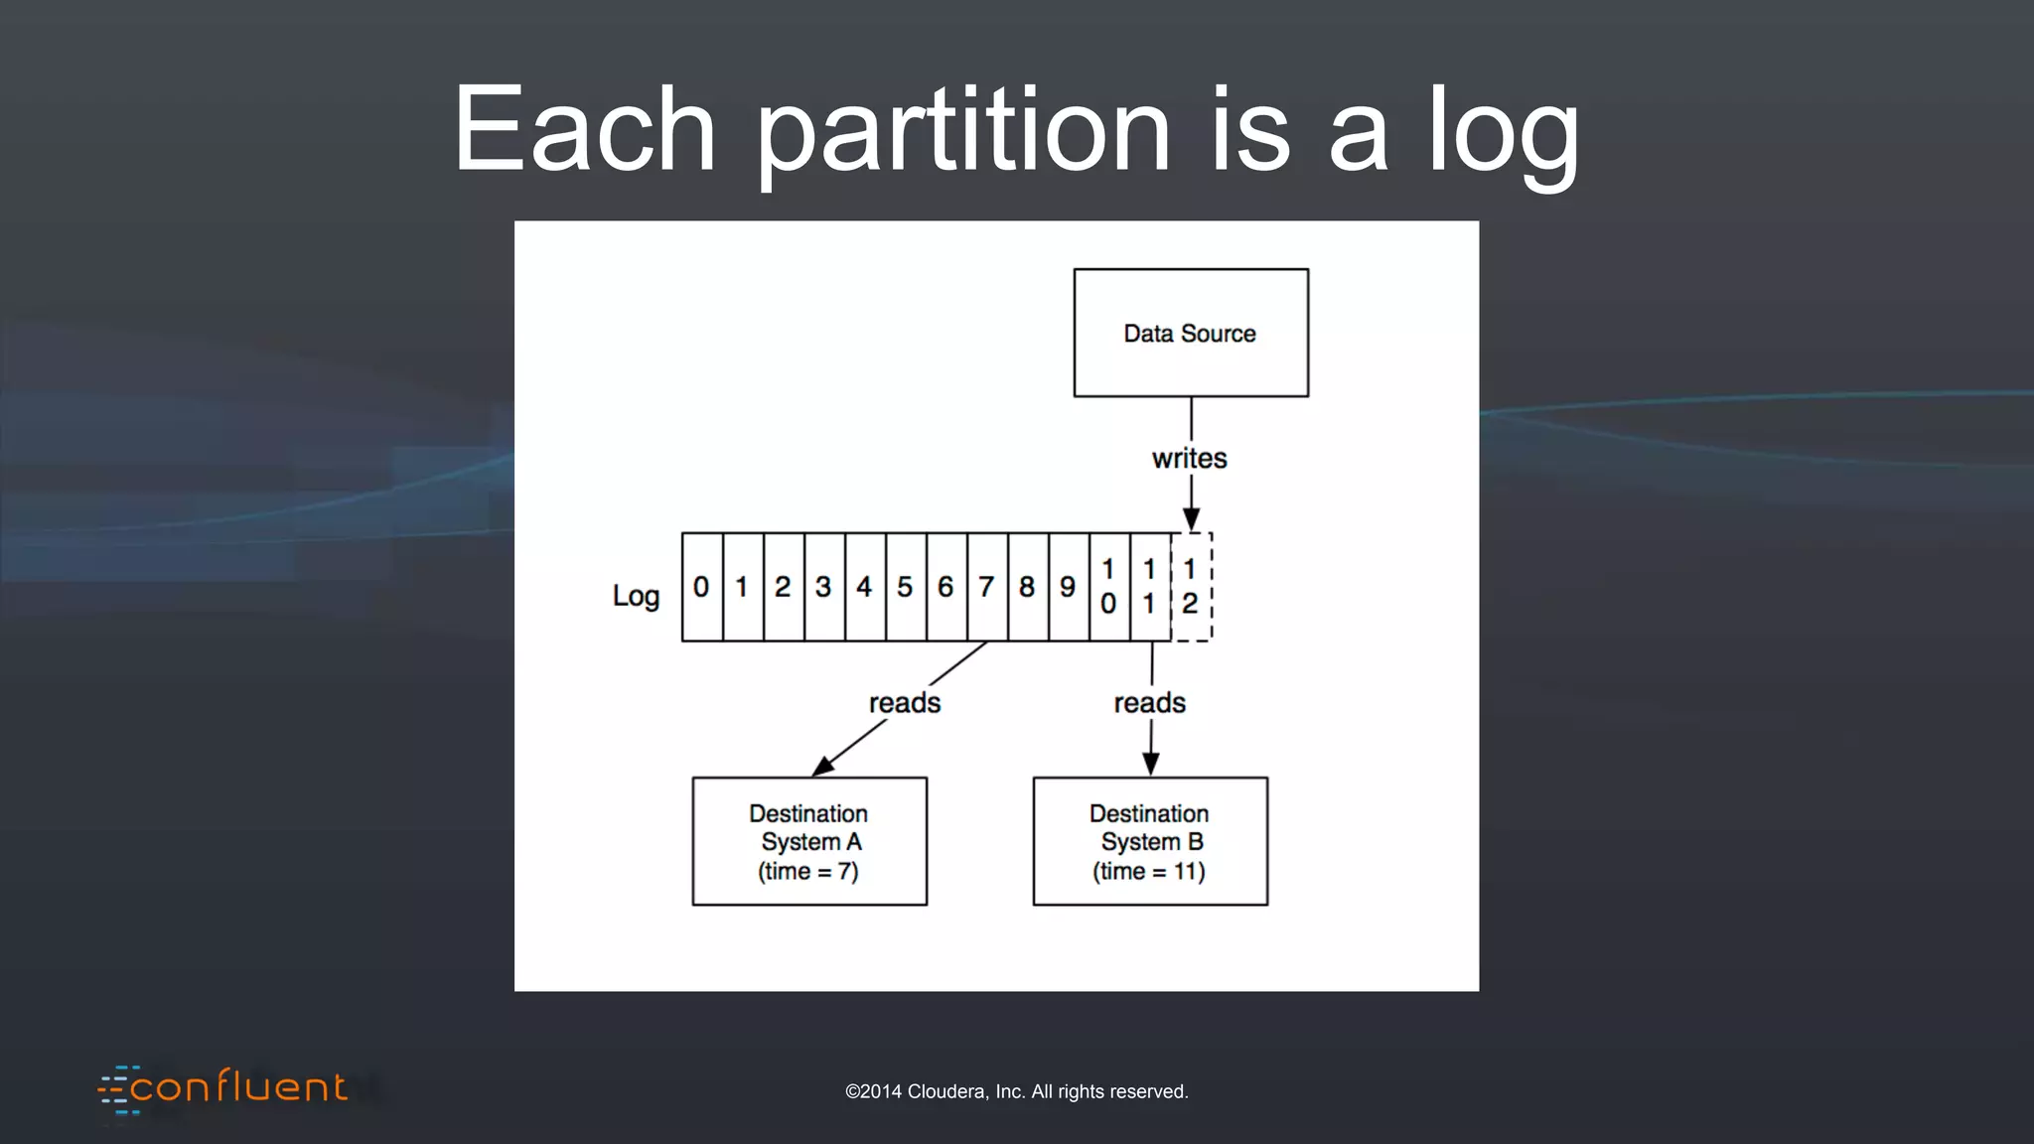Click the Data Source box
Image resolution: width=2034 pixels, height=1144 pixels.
click(x=1191, y=333)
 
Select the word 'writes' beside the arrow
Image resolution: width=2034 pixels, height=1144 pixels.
click(x=1189, y=459)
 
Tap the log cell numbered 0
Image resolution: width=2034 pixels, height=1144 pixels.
click(x=701, y=587)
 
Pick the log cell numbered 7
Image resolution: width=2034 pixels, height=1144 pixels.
click(x=986, y=587)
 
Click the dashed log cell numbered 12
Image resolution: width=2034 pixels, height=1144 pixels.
click(x=1191, y=587)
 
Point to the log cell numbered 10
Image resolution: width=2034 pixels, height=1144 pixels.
click(x=1108, y=587)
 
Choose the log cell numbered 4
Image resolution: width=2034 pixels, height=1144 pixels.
click(x=864, y=587)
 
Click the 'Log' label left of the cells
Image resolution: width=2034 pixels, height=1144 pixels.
click(x=636, y=596)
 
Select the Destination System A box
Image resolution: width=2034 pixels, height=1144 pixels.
click(x=809, y=841)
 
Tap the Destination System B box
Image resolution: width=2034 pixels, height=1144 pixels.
click(x=1150, y=841)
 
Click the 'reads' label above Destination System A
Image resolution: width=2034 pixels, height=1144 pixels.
click(x=904, y=703)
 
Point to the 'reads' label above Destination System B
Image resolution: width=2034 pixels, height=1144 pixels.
click(x=1149, y=703)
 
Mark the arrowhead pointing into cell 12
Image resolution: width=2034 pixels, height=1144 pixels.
click(x=1191, y=519)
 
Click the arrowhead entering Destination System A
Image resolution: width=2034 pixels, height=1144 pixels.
click(x=823, y=766)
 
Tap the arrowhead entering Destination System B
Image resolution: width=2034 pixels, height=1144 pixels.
click(x=1150, y=764)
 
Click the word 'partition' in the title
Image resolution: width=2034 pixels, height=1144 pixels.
click(x=963, y=131)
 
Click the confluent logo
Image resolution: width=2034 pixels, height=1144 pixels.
click(x=223, y=1088)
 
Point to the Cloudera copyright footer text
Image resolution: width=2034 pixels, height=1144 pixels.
click(x=1016, y=1091)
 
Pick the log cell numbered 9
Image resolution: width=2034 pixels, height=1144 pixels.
click(x=1068, y=587)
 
